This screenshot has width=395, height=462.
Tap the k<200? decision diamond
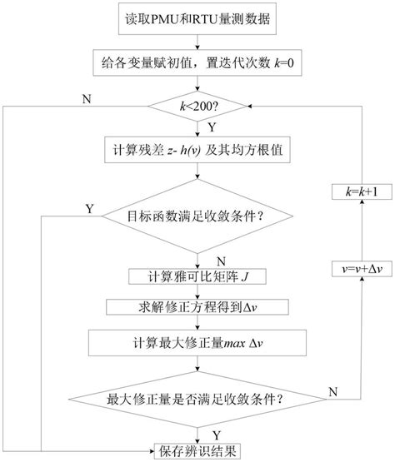tap(197, 107)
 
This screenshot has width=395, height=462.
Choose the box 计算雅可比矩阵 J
tap(197, 276)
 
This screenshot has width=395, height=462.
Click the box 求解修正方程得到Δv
tap(197, 307)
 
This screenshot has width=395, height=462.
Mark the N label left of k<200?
tap(86, 99)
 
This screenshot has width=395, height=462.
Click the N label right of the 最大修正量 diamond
tap(333, 390)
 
